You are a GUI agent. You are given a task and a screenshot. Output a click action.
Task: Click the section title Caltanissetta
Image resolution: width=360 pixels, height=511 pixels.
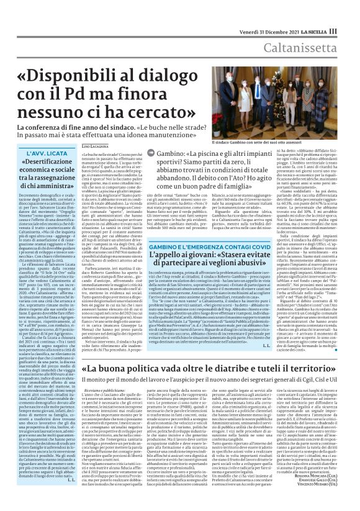(x=316, y=48)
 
